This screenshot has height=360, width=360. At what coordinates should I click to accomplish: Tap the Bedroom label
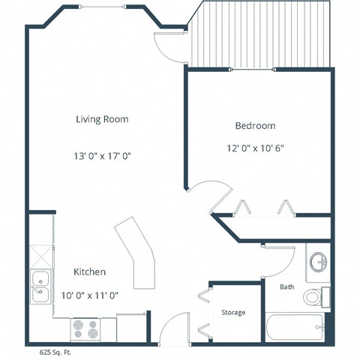click(255, 125)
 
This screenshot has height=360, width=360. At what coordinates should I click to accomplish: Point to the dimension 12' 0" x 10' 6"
click(255, 148)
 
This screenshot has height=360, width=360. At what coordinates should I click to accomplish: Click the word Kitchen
click(89, 271)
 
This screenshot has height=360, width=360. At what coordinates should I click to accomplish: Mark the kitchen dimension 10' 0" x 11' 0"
click(89, 295)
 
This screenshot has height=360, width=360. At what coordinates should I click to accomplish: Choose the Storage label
click(232, 312)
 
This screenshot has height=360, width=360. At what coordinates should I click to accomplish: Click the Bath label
click(287, 286)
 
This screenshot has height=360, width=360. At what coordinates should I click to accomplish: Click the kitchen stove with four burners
click(85, 328)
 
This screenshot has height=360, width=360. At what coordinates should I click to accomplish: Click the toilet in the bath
click(316, 297)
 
